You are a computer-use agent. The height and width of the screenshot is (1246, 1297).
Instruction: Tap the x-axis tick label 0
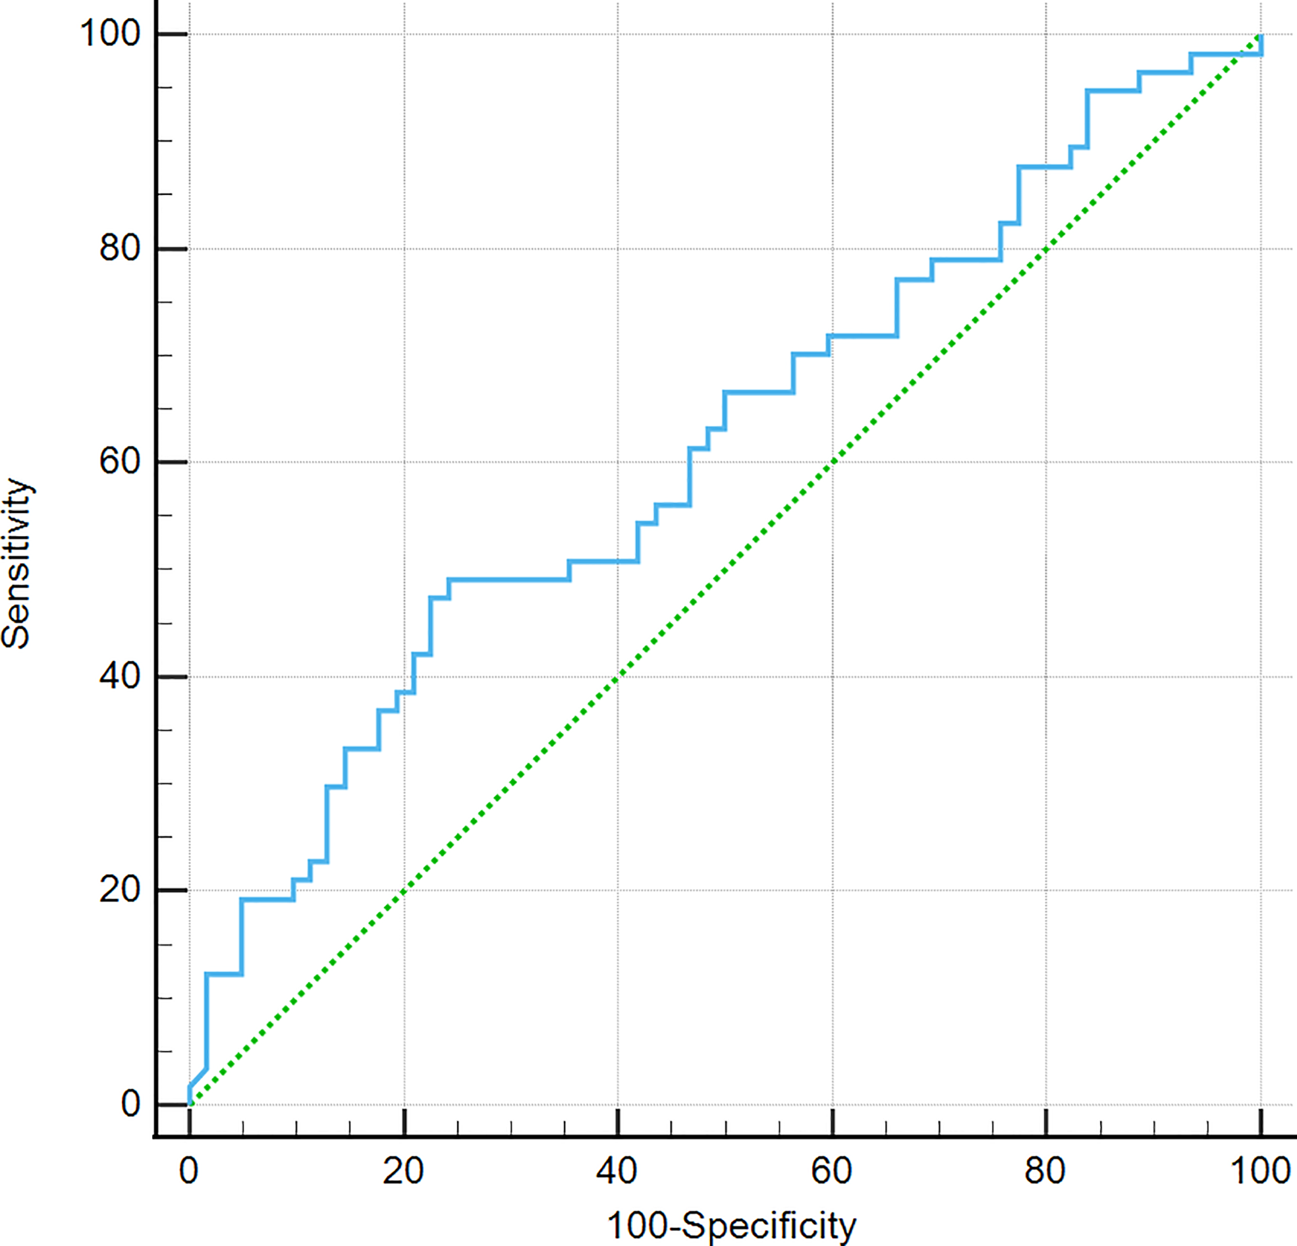tap(189, 1171)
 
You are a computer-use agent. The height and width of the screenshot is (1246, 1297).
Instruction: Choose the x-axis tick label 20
tap(404, 1171)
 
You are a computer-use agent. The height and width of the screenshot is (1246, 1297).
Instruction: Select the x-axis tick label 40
tap(617, 1171)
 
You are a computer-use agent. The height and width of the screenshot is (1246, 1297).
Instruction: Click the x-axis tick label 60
tap(832, 1171)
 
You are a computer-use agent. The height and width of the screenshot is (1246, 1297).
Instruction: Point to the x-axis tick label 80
tap(1045, 1171)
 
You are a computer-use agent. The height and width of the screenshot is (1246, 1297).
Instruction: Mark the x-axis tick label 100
tap(1259, 1171)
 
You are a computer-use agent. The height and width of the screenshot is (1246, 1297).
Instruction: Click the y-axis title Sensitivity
tap(16, 563)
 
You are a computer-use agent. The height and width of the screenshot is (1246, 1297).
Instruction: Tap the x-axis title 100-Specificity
tap(731, 1225)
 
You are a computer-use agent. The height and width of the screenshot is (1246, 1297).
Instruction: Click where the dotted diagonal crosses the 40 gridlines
tap(618, 676)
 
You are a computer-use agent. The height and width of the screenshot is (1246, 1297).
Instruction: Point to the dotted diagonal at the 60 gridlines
tap(833, 462)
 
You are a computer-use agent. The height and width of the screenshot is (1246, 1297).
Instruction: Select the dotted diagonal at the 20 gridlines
tap(404, 890)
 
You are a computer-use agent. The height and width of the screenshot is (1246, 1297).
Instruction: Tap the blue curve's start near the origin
tap(190, 1095)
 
